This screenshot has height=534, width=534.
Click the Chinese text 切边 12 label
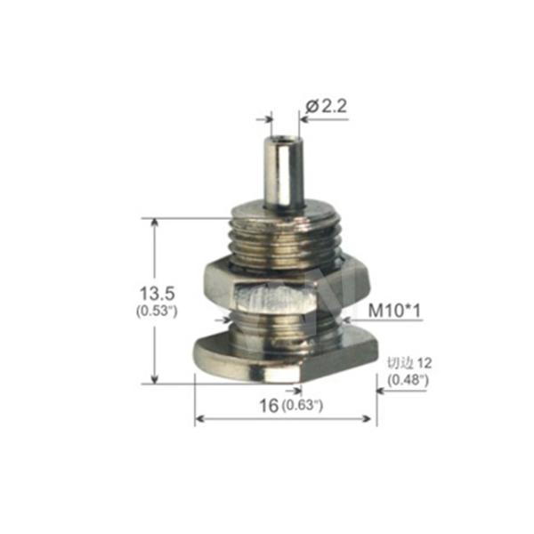point(408,364)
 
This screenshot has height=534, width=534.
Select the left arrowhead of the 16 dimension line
point(200,418)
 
